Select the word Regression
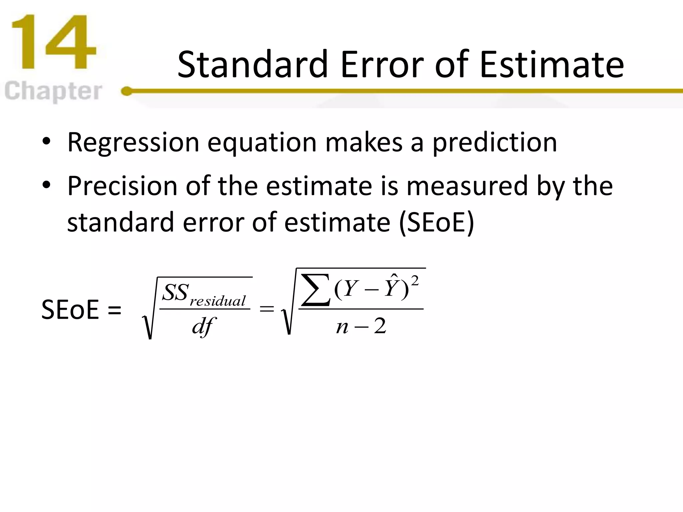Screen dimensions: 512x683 pos(133,143)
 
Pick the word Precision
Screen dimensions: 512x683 pos(122,186)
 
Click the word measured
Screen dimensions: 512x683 pos(467,186)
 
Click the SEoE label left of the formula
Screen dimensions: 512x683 pos(70,310)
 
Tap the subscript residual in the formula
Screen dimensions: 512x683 pos(217,301)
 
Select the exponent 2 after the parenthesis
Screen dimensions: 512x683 pos(415,281)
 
